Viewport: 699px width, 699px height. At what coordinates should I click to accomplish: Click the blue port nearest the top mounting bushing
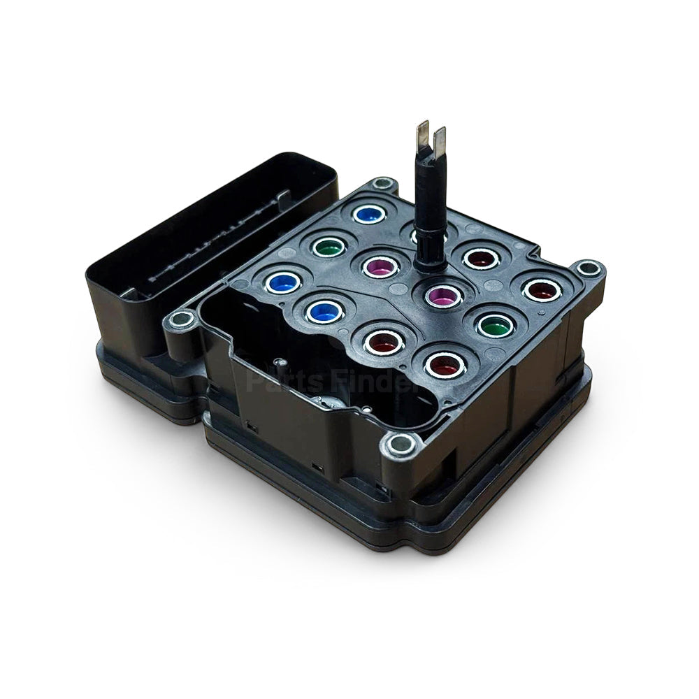[369, 214]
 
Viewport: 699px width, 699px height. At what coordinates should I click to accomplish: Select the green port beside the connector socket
[329, 246]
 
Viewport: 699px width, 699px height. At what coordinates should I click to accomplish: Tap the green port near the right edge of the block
[496, 324]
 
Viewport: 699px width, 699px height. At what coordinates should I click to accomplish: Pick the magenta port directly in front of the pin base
[445, 295]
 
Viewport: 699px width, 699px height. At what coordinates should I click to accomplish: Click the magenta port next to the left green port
[382, 266]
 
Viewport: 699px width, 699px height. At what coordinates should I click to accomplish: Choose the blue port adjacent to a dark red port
[324, 312]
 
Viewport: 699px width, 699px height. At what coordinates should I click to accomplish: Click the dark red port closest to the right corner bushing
[542, 289]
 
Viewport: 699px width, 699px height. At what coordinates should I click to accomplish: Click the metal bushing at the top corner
[382, 185]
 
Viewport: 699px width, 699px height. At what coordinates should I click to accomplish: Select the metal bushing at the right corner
[589, 268]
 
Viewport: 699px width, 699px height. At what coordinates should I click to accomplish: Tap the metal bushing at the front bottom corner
[401, 445]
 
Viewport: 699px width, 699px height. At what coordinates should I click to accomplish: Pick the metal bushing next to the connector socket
[182, 320]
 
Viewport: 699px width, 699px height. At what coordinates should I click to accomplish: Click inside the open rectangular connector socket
[210, 231]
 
